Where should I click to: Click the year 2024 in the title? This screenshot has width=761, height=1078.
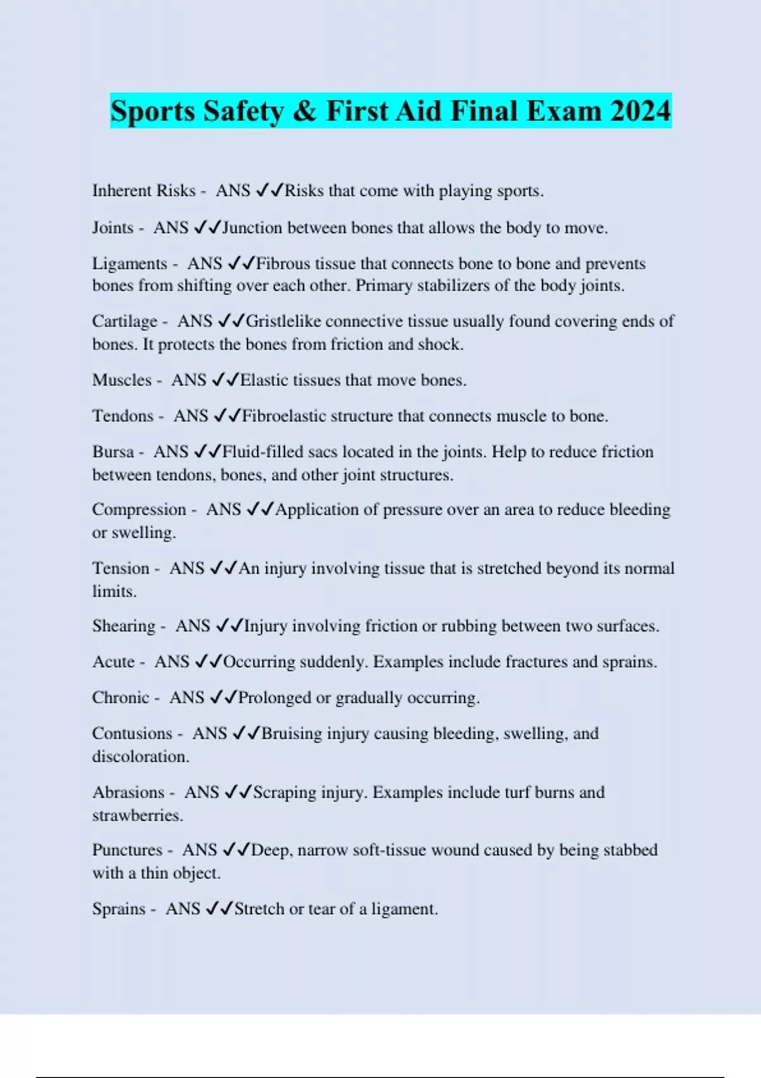(641, 112)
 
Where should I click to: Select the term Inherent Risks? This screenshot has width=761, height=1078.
(144, 191)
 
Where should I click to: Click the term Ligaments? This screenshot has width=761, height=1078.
(129, 264)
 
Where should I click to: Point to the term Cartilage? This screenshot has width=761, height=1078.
(124, 321)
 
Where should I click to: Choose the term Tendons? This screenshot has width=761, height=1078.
(123, 416)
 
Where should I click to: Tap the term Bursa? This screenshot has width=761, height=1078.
(113, 452)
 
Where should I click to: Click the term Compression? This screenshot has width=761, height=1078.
(139, 510)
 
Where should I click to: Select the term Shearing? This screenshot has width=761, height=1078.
(124, 627)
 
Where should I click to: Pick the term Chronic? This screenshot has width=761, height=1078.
(120, 698)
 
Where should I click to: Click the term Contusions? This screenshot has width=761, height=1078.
(132, 734)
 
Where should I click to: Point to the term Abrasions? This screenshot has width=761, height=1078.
(128, 793)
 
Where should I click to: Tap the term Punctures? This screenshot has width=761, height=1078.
(127, 850)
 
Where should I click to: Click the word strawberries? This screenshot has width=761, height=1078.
(137, 815)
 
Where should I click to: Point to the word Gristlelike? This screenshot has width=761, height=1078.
(283, 321)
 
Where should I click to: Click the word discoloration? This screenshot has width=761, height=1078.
(140, 757)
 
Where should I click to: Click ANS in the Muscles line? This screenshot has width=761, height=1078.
(189, 380)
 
